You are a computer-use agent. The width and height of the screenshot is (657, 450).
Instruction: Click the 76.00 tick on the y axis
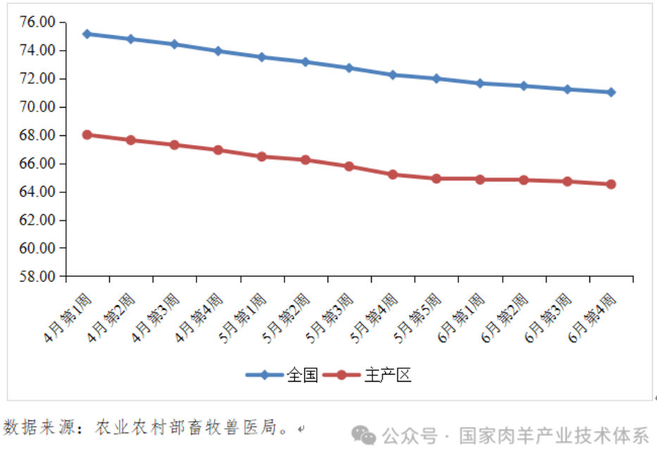[x=37, y=23]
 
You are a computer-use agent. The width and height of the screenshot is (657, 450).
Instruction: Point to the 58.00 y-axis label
[x=37, y=277]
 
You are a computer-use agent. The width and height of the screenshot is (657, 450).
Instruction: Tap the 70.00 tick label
[x=37, y=107]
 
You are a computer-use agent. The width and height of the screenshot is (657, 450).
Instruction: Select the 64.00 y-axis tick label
[x=37, y=192]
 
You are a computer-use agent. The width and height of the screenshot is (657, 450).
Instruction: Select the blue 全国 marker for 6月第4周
[x=611, y=92]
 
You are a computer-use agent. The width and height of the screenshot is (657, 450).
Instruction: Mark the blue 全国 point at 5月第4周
[x=393, y=75]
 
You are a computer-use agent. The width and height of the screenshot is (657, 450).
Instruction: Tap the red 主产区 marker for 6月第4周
[x=611, y=185]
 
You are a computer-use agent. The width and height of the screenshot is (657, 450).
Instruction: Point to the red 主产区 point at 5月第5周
[x=437, y=179]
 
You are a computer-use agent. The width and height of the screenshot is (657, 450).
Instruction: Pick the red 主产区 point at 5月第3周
[x=349, y=166]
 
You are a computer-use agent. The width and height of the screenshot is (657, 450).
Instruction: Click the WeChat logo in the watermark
[x=365, y=435]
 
